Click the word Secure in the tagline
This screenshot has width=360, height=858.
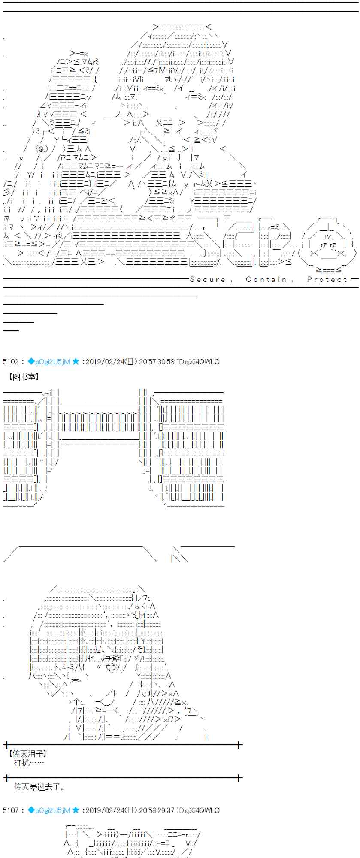pos(207,279)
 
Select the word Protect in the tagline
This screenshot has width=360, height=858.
pos(327,279)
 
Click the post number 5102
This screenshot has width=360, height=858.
pos(10,362)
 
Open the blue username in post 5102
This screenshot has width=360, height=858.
pos(52,362)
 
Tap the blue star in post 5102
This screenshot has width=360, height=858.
pos(76,362)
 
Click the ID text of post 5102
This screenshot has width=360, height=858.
pos(198,362)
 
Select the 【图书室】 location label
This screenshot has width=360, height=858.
pos(24,377)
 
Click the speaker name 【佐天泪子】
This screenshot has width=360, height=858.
pos(27,754)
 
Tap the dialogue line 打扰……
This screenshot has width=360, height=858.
pos(28,763)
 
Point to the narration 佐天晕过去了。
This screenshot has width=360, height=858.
pos(39,787)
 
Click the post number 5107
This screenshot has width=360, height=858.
pos(10,810)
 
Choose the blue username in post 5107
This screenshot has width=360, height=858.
pos(52,810)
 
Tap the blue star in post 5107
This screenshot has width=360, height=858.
pos(76,810)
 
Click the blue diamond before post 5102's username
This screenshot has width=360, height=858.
pos(31,362)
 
